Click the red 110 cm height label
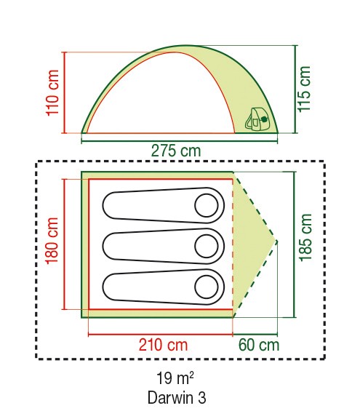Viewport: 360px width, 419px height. coord(52,92)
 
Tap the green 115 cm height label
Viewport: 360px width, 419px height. coord(304,89)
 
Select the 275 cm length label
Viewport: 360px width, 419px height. coord(176,151)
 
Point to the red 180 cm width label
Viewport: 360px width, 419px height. coord(52,241)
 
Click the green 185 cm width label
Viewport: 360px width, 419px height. coord(305,237)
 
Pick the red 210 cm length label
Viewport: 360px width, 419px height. coord(163,345)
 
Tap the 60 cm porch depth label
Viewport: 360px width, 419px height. coord(259,345)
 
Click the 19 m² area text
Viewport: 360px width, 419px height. coord(175,378)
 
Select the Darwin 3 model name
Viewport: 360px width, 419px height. coord(177,398)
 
